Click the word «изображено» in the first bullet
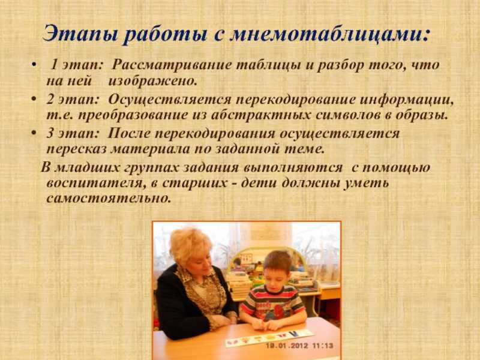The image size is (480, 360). pos(152,80)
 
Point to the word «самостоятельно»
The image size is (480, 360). pos(108,199)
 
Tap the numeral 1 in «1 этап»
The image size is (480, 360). pos(55,65)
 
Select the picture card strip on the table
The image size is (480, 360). pos(269,337)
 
